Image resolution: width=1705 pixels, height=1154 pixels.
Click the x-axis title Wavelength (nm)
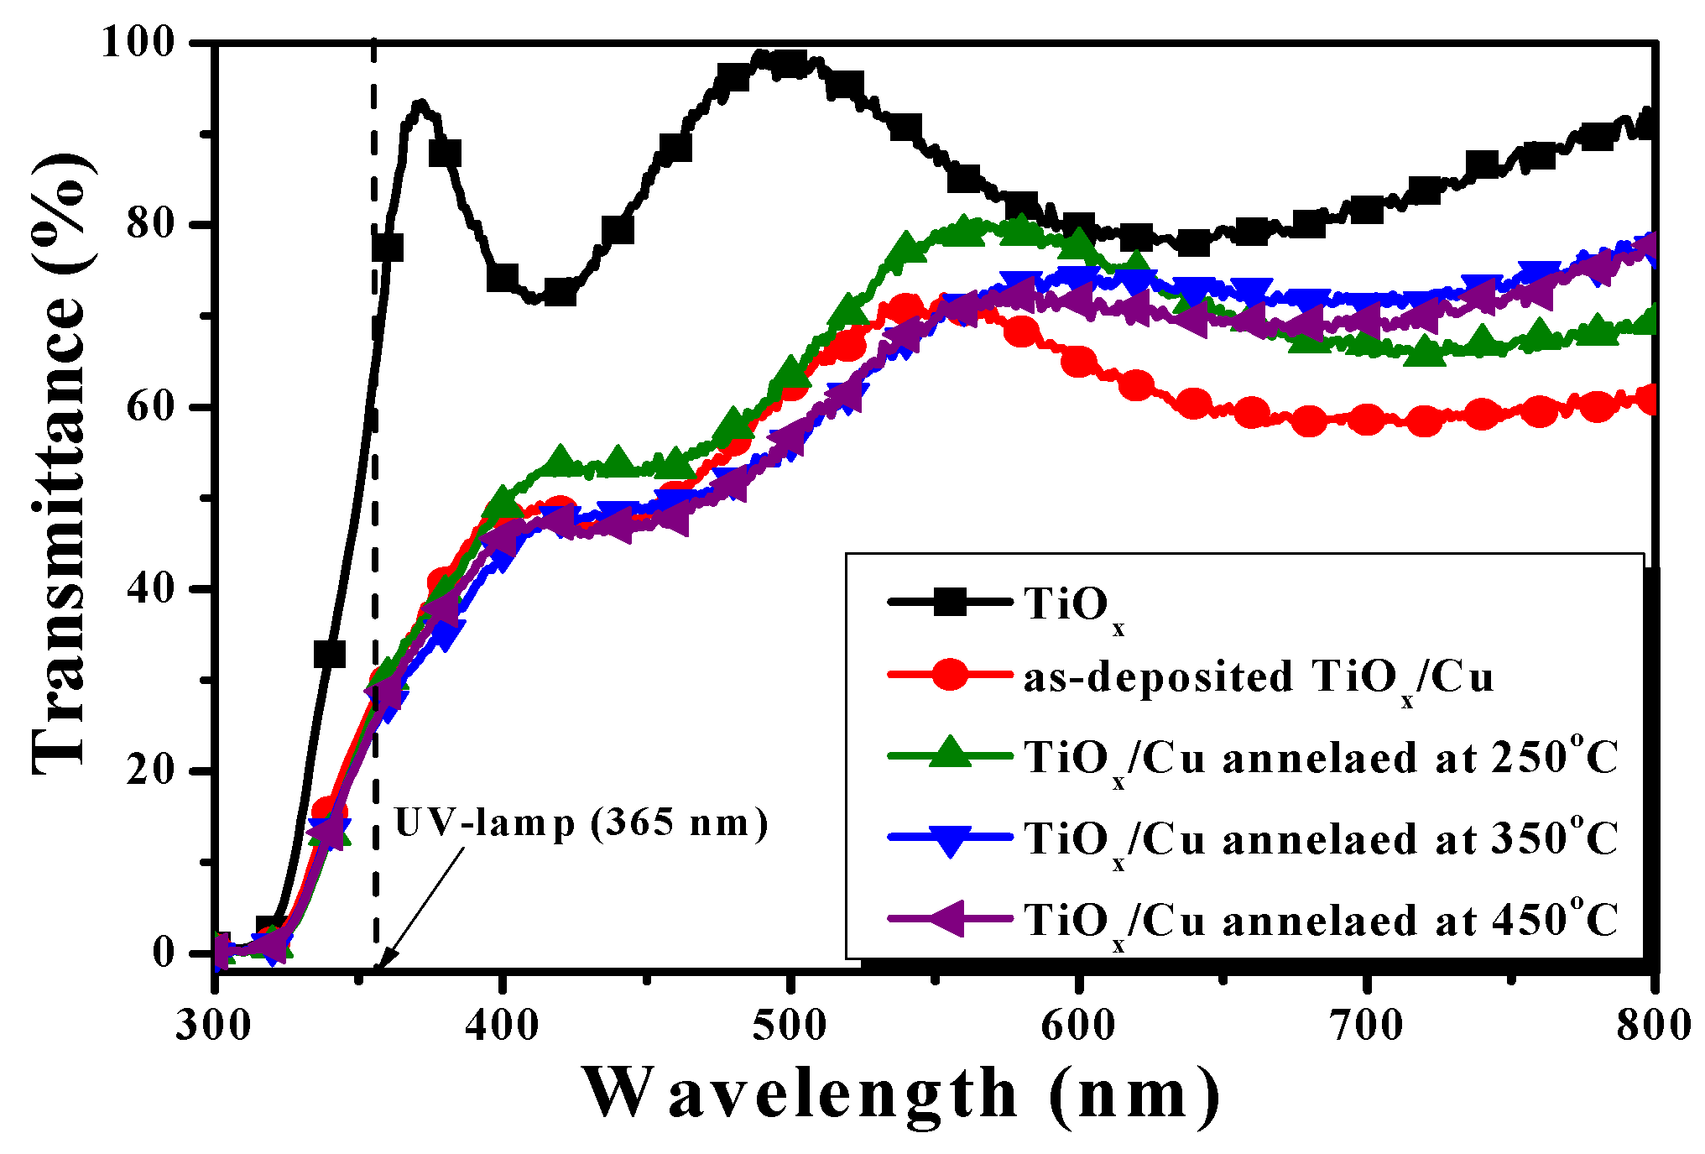click(x=899, y=1094)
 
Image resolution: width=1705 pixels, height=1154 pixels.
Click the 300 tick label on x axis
click(x=213, y=1026)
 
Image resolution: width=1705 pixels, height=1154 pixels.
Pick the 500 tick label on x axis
click(x=790, y=1026)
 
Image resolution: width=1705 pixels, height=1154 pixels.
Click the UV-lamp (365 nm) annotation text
click(x=581, y=823)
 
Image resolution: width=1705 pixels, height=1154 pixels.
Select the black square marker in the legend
click(x=950, y=602)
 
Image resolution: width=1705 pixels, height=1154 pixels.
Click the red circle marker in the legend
click(x=950, y=676)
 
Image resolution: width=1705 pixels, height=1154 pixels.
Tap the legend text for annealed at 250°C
click(x=1321, y=758)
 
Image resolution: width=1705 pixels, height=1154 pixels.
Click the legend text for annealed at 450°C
click(x=1321, y=921)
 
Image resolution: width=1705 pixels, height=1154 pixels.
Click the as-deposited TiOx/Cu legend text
click(x=1259, y=677)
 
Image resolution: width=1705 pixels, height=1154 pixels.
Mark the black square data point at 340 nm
click(x=329, y=654)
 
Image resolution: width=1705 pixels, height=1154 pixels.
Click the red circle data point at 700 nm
click(x=1368, y=420)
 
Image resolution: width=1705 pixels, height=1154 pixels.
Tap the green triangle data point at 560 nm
click(x=964, y=228)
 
